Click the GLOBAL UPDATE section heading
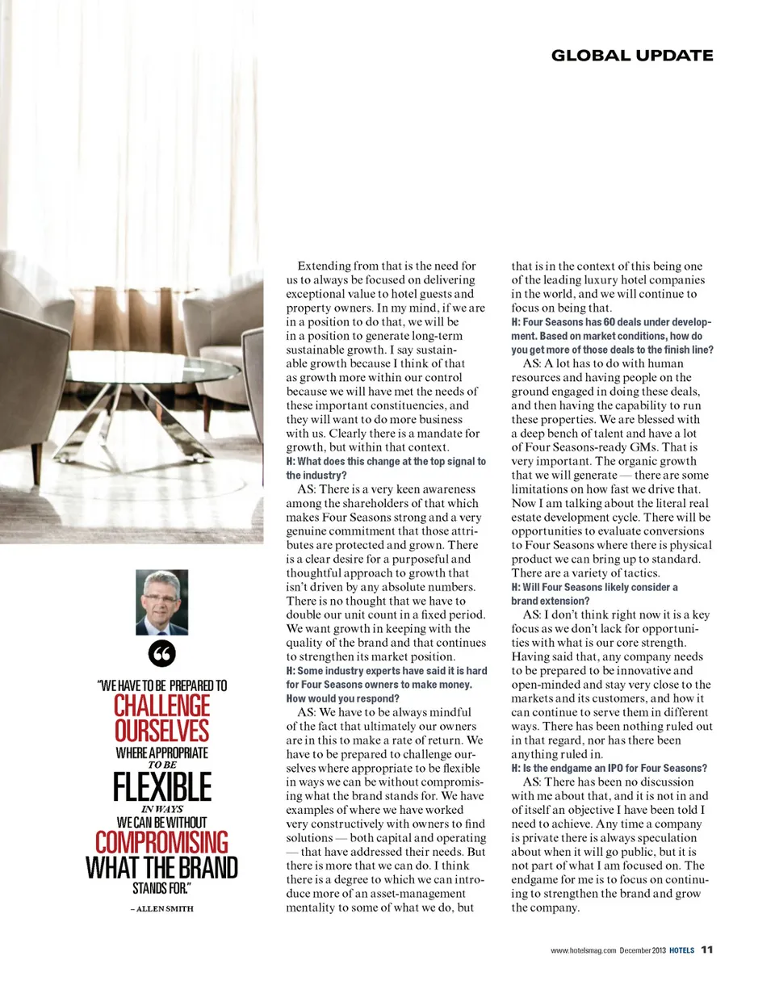point(631,56)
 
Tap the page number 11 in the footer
point(706,950)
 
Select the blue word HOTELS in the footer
point(683,950)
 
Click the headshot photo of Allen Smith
point(163,602)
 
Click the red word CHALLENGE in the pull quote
point(162,706)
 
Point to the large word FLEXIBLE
point(162,786)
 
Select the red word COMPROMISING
point(162,842)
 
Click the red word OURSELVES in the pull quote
point(162,731)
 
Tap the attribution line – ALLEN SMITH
point(162,908)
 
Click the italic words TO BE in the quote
point(162,763)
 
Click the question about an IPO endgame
point(610,768)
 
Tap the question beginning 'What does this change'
point(386,468)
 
